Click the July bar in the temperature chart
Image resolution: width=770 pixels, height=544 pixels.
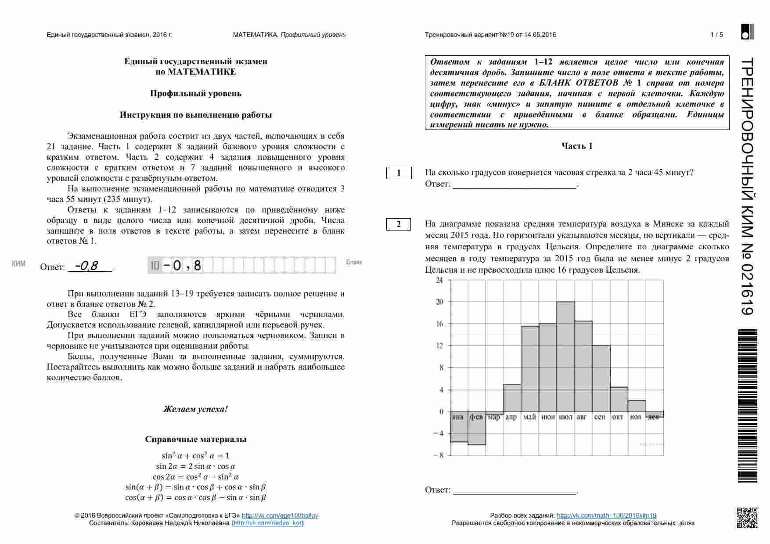(x=565, y=356)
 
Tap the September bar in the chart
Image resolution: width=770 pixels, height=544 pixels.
(x=601, y=378)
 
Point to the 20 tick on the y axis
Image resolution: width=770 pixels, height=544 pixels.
(x=439, y=302)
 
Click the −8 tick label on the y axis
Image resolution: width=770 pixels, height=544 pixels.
(x=438, y=455)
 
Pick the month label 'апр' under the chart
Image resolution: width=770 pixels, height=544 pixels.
(x=511, y=417)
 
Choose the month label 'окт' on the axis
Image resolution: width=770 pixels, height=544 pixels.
(x=618, y=417)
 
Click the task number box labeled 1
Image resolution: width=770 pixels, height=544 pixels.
(x=399, y=173)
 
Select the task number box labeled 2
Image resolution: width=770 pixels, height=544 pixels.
(x=399, y=224)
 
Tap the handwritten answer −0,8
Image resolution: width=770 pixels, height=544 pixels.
(x=86, y=266)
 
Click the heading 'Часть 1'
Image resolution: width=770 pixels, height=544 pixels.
(x=577, y=146)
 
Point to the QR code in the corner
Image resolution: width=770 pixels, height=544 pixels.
(x=747, y=517)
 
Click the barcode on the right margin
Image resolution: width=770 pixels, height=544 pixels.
(x=748, y=406)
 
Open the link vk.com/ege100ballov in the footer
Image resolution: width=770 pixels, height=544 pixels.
(x=280, y=515)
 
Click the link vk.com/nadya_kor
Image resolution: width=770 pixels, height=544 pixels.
(x=267, y=523)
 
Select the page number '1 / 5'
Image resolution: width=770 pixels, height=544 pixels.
(x=716, y=35)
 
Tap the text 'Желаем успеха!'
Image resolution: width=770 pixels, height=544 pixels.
(x=196, y=409)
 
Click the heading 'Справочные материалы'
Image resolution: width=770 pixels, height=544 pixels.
(x=196, y=440)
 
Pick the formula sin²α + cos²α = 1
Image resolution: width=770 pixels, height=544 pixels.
(x=196, y=456)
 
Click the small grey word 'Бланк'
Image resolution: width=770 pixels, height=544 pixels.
(x=354, y=262)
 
